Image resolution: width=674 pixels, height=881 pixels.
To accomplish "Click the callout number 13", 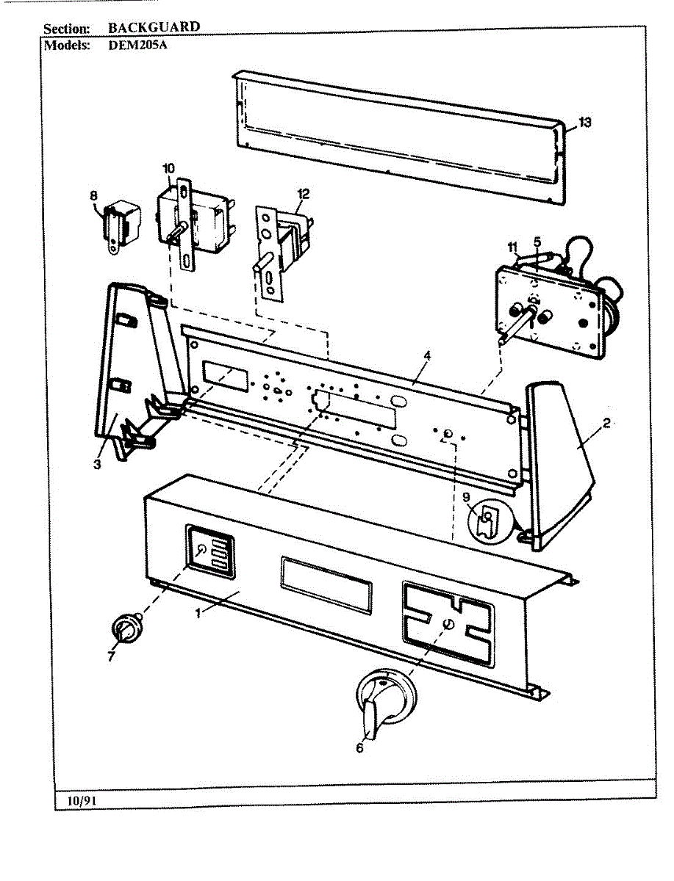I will pyautogui.click(x=584, y=123).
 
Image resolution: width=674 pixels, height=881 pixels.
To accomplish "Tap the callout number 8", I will pyautogui.click(x=93, y=195).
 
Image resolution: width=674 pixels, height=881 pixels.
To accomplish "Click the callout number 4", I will pyautogui.click(x=427, y=355).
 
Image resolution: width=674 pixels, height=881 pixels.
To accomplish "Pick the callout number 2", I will pyautogui.click(x=607, y=423).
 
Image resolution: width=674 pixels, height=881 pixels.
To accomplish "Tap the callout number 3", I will pyautogui.click(x=98, y=464).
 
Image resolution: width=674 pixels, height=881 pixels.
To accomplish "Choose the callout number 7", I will pyautogui.click(x=111, y=656).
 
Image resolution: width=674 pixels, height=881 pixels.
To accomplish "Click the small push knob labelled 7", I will pyautogui.click(x=127, y=629).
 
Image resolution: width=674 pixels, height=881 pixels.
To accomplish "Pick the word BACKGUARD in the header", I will pyautogui.click(x=154, y=27).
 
